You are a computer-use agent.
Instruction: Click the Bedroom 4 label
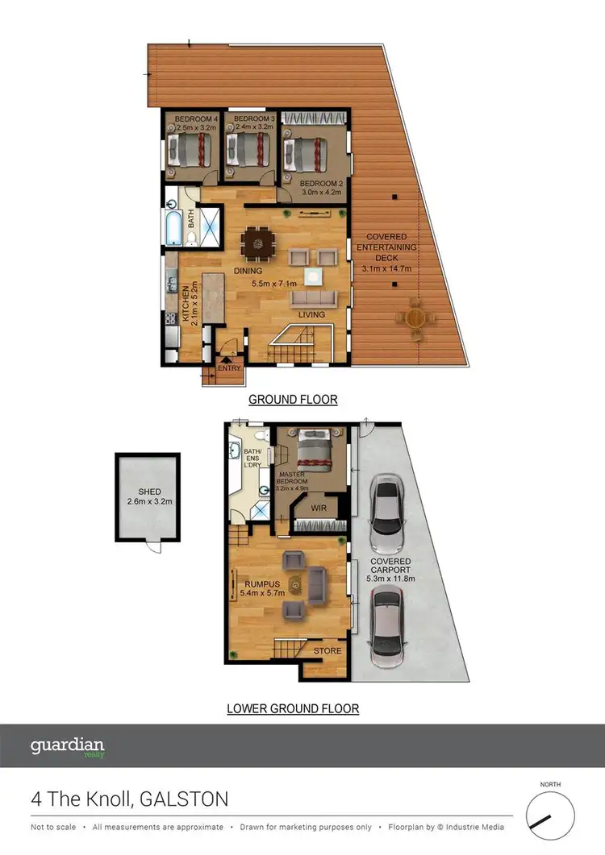[187, 119]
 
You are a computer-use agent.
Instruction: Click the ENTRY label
[229, 369]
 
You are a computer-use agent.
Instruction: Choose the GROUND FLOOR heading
[293, 400]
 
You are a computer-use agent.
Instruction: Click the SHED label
[149, 492]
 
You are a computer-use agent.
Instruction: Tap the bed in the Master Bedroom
[312, 450]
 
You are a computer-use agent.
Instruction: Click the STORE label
[327, 650]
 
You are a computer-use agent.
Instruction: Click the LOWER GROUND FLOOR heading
[293, 709]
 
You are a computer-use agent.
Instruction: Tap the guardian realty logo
[68, 747]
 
